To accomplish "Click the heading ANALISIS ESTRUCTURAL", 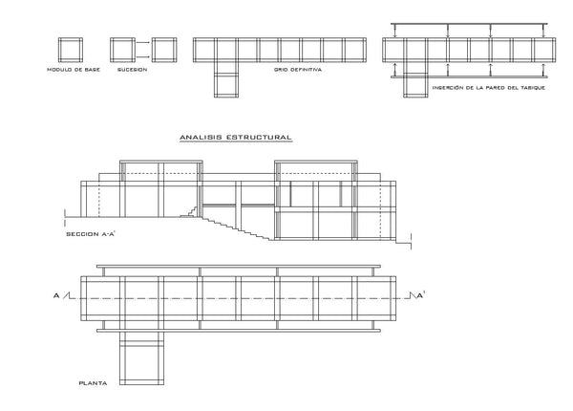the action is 236,138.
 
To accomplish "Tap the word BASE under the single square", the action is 92,70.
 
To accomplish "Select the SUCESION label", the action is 133,70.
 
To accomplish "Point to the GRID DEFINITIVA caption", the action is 298,70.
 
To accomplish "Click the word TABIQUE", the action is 533,88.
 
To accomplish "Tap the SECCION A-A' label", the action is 91,233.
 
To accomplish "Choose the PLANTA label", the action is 94,383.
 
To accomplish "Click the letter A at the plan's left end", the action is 56,295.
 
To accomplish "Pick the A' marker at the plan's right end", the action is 420,295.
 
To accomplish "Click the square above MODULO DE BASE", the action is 71,50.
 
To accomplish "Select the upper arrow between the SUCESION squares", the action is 143,43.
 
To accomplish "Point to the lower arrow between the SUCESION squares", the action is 143,56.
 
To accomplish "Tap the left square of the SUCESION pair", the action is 123,50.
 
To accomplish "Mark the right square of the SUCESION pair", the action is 164,50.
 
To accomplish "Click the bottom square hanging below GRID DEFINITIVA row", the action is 226,85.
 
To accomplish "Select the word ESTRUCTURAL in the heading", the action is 259,138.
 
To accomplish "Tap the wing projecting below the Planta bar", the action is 141,358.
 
